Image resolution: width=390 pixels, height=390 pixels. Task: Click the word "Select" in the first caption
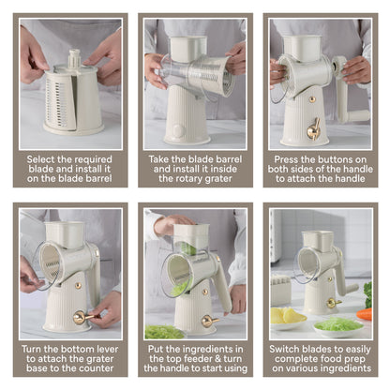[37, 159]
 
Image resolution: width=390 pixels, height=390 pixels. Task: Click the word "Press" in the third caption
[286, 159]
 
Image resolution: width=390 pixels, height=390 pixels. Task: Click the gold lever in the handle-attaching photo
[313, 129]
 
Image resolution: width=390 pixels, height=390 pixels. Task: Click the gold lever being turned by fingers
[82, 317]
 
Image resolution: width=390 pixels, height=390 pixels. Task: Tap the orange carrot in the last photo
[365, 314]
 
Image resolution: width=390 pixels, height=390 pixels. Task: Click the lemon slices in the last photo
[287, 316]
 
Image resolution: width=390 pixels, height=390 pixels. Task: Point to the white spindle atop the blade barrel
[74, 58]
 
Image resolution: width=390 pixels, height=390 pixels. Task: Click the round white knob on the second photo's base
[179, 131]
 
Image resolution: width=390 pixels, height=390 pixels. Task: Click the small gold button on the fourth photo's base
[78, 285]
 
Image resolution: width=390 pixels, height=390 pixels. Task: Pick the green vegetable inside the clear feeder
[187, 248]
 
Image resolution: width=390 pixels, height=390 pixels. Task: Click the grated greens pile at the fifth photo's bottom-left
[163, 332]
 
